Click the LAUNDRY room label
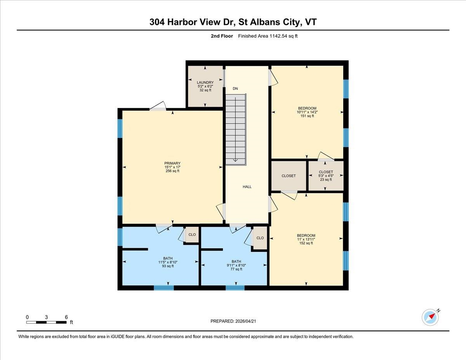click(205, 82)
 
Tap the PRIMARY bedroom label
click(172, 163)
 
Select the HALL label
click(247, 187)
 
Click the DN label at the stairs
click(235, 89)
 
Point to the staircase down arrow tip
click(235, 161)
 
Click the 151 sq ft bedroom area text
click(307, 116)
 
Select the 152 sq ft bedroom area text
click(306, 243)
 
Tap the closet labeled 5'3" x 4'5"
click(326, 176)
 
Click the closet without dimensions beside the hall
click(289, 176)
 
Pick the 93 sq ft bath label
click(168, 266)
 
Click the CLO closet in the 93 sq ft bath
click(192, 235)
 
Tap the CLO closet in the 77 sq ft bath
click(260, 238)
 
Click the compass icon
click(430, 317)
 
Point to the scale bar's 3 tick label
click(46, 317)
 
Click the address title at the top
click(233, 22)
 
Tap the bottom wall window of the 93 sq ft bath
click(163, 288)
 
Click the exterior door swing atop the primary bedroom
click(158, 106)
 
